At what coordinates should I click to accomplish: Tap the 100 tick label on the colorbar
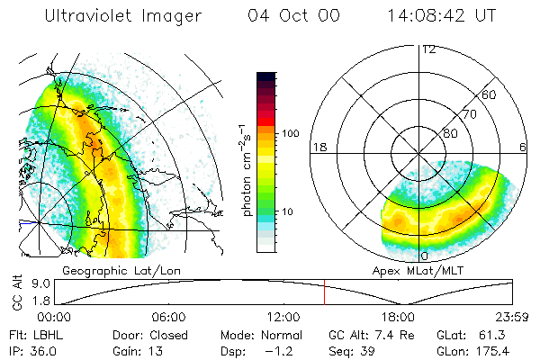291,133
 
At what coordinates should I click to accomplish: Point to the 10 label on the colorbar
288,211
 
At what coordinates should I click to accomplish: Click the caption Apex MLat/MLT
410,270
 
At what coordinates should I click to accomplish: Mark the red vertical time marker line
324,292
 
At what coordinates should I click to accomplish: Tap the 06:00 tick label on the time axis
168,318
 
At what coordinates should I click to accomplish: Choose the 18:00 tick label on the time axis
397,318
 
